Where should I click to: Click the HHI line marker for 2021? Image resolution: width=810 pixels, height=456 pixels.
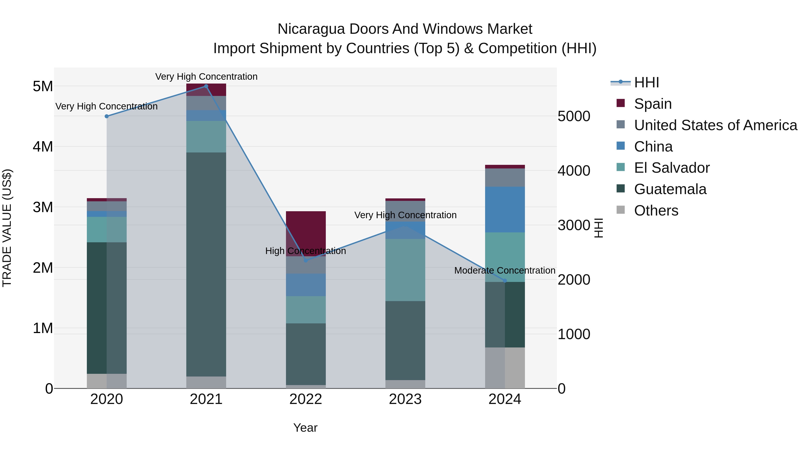[x=206, y=86]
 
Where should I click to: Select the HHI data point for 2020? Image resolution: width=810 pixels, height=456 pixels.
[x=107, y=116]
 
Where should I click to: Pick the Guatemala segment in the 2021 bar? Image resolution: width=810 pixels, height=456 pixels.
[x=206, y=264]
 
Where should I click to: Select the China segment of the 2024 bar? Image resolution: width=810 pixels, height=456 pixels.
[x=505, y=209]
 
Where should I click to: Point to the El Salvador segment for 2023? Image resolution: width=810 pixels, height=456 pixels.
[x=405, y=270]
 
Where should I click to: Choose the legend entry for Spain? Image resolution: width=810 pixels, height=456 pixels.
[x=653, y=104]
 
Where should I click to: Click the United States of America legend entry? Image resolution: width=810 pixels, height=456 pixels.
[x=715, y=125]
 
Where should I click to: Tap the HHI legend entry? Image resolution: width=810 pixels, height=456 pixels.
[x=646, y=82]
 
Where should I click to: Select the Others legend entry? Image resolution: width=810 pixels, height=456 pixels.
[x=656, y=211]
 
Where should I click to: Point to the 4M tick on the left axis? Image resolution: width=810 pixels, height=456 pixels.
[x=43, y=147]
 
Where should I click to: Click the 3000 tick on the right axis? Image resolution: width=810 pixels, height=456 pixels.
[x=574, y=225]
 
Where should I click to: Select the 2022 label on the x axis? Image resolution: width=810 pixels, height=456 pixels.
[x=306, y=399]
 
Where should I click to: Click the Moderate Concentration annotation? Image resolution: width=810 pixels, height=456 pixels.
[x=505, y=270]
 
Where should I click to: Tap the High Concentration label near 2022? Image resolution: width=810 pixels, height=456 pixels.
[x=306, y=251]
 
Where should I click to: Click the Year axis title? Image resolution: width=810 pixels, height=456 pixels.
[x=305, y=428]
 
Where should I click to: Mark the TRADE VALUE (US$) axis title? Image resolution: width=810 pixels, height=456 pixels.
[x=7, y=228]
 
